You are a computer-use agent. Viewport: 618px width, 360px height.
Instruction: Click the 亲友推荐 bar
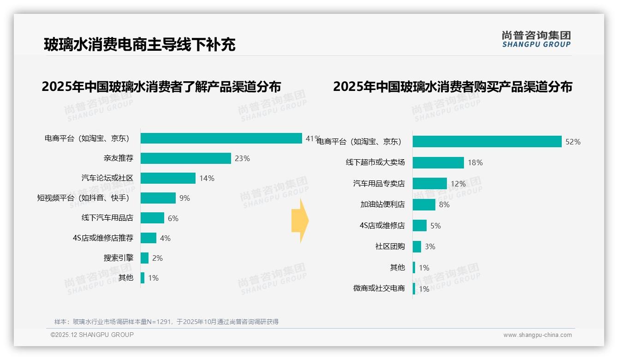click(x=185, y=158)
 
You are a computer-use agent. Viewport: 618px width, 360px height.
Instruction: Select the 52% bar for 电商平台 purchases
click(x=487, y=142)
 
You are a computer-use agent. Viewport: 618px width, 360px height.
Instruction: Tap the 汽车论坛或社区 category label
click(x=107, y=178)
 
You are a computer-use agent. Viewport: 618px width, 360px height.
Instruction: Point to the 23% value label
click(x=242, y=158)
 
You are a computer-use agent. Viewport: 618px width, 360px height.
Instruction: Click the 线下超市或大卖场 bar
click(x=438, y=162)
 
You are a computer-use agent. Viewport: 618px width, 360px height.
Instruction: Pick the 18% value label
click(x=475, y=162)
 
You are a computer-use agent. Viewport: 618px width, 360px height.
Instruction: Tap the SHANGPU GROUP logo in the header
click(x=536, y=39)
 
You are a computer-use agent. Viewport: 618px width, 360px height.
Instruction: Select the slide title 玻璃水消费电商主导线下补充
click(x=140, y=45)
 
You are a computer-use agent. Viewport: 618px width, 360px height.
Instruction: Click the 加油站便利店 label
click(x=382, y=204)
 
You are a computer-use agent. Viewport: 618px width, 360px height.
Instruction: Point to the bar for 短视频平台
click(x=158, y=198)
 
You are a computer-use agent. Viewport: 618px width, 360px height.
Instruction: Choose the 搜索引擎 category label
click(x=118, y=258)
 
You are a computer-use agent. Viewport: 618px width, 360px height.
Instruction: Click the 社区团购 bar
click(x=416, y=246)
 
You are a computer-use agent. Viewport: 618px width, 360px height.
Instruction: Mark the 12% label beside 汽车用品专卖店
click(x=458, y=184)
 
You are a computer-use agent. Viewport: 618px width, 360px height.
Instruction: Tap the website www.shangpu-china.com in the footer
click(x=537, y=335)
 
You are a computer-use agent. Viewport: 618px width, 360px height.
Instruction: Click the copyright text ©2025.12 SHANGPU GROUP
click(x=92, y=335)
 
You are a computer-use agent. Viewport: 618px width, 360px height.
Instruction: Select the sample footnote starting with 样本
click(x=166, y=322)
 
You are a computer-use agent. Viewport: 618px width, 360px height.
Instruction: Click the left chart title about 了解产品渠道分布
click(x=161, y=87)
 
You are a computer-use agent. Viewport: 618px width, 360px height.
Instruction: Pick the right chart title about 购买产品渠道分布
click(x=452, y=87)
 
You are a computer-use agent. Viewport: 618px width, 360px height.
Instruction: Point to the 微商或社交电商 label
click(x=379, y=288)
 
